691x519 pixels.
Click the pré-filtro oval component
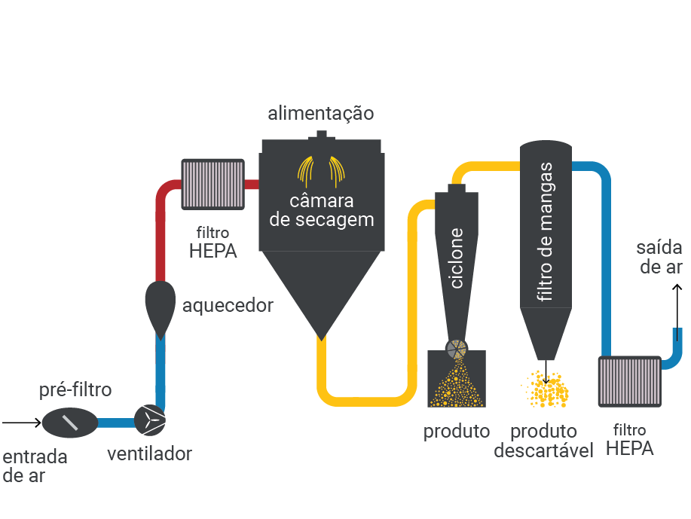[70, 423]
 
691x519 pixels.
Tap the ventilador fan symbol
[150, 420]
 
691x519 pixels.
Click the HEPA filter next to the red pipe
[212, 184]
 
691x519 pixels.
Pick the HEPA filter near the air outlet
[630, 382]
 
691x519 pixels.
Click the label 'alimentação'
[321, 113]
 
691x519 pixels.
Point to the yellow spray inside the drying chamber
[321, 172]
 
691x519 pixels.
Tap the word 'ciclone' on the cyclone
[456, 258]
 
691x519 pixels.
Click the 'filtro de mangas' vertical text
[546, 232]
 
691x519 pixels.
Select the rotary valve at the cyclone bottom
[457, 350]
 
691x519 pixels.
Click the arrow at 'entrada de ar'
[22, 423]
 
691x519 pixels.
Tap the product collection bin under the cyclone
[457, 378]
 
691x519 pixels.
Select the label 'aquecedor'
[228, 306]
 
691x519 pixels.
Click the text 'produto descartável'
[543, 441]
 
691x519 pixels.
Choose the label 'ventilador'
[149, 453]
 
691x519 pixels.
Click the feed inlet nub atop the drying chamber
[322, 135]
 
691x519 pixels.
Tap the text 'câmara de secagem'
[322, 211]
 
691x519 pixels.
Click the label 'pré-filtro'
[75, 390]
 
